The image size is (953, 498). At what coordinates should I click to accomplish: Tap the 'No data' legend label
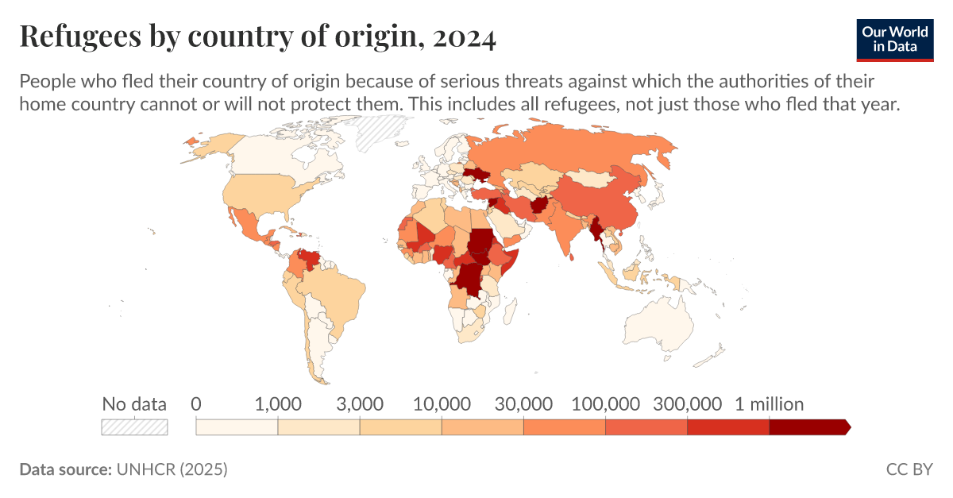pyautogui.click(x=134, y=404)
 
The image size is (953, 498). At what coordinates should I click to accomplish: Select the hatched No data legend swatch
pyautogui.click(x=134, y=427)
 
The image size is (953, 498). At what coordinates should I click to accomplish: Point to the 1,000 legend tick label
pyautogui.click(x=277, y=404)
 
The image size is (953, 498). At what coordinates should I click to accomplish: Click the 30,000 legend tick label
pyautogui.click(x=523, y=404)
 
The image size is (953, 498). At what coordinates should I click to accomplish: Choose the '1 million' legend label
pyautogui.click(x=769, y=404)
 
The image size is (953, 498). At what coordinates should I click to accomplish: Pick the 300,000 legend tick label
pyautogui.click(x=687, y=404)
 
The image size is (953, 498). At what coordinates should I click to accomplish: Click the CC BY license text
pyautogui.click(x=909, y=469)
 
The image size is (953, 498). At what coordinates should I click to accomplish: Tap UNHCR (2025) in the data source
pyautogui.click(x=172, y=469)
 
